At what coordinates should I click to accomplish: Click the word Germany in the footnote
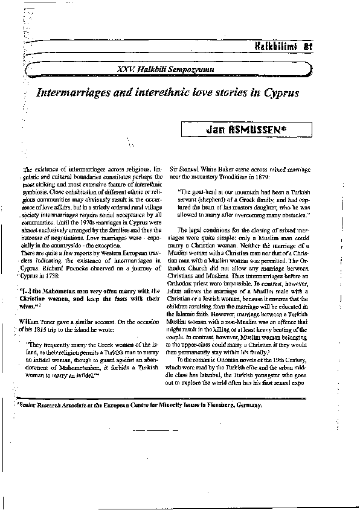pyautogui.click(x=248, y=405)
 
